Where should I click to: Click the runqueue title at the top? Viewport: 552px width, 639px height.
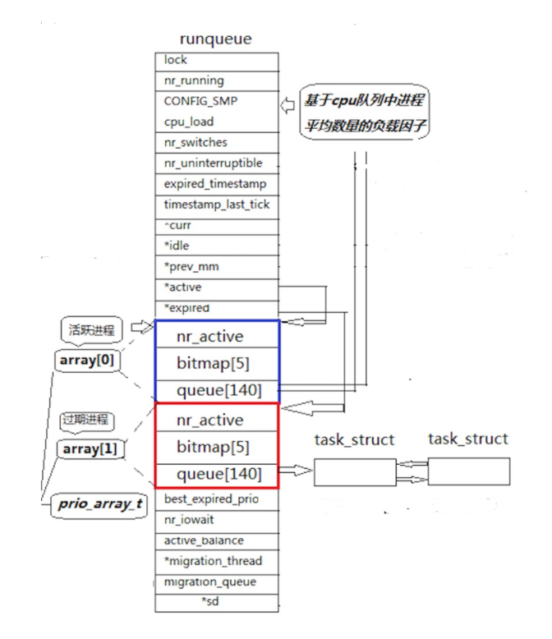click(215, 39)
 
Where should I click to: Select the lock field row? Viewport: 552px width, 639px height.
click(216, 60)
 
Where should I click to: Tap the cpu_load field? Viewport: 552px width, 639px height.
click(216, 122)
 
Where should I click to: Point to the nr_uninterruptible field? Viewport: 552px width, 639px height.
click(216, 163)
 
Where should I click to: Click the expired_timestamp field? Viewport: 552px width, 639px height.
click(216, 184)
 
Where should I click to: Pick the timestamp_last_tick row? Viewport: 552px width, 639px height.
click(216, 205)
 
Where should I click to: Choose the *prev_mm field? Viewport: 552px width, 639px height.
click(216, 267)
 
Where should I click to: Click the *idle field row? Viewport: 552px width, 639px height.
click(216, 246)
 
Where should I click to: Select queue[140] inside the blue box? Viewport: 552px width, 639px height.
click(218, 390)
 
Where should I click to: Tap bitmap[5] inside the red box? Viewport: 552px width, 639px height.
click(218, 447)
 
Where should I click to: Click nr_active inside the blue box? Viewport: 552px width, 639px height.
click(218, 335)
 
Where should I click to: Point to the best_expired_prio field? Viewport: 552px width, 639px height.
click(216, 499)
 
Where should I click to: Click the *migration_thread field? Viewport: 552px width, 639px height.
click(216, 561)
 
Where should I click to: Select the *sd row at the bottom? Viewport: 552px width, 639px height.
click(216, 602)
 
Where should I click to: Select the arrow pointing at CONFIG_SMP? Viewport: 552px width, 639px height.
click(287, 105)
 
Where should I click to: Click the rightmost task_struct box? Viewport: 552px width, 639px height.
click(468, 471)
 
